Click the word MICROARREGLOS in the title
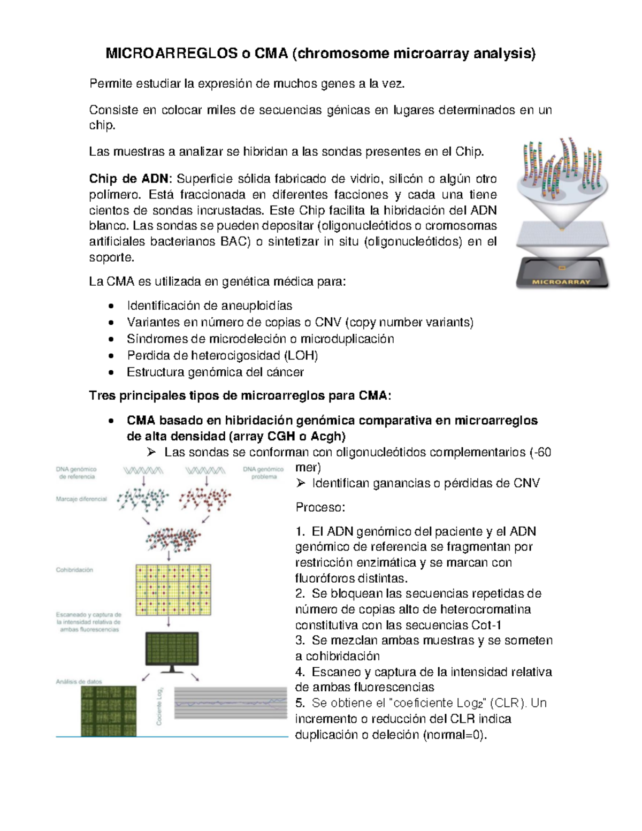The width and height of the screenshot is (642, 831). (x=172, y=54)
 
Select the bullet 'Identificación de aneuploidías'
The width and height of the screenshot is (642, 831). (x=209, y=306)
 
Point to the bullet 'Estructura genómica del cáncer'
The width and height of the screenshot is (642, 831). (x=215, y=372)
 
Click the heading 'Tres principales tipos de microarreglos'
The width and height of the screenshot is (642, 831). (x=240, y=396)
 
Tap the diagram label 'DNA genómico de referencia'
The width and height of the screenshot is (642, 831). (x=77, y=472)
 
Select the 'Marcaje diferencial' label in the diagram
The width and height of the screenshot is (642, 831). (x=81, y=499)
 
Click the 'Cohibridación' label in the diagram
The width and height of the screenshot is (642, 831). (x=75, y=570)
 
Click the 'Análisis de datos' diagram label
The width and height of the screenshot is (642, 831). (x=79, y=682)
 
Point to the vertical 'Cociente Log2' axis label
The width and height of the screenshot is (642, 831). (x=159, y=706)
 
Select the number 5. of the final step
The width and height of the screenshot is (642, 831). (x=300, y=703)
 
